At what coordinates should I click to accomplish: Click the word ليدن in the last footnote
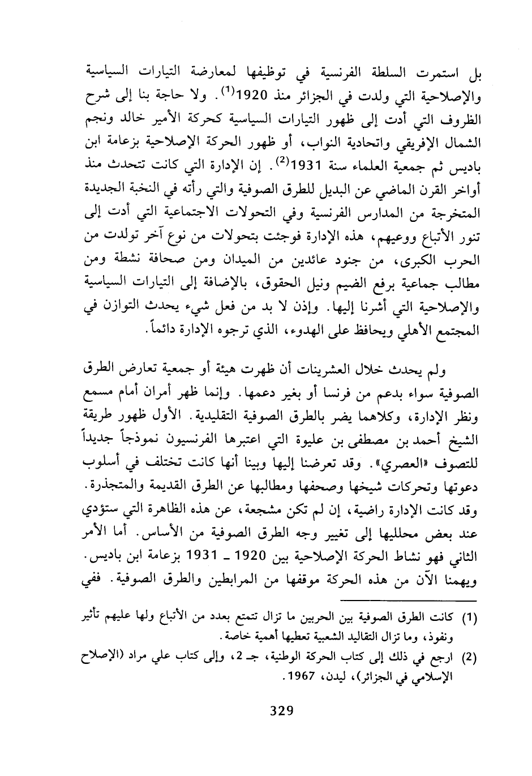pos(336,676)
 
